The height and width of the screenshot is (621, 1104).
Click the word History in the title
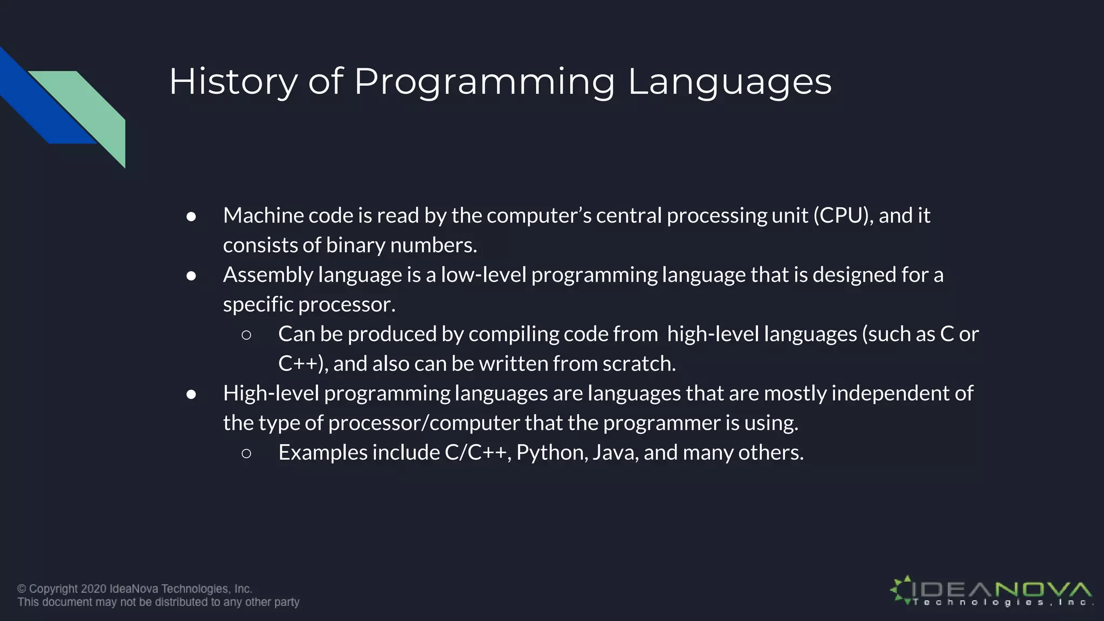coord(233,82)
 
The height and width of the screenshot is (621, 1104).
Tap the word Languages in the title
coord(729,82)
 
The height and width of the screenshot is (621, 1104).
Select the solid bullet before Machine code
coord(191,217)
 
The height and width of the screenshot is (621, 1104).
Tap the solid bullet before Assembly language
coord(191,276)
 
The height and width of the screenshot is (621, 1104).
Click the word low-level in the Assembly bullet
coord(483,275)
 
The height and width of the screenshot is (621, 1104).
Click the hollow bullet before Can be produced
coord(246,335)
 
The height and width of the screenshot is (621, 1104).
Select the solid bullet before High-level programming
coord(191,395)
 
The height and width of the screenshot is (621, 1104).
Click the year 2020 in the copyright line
coord(94,589)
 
